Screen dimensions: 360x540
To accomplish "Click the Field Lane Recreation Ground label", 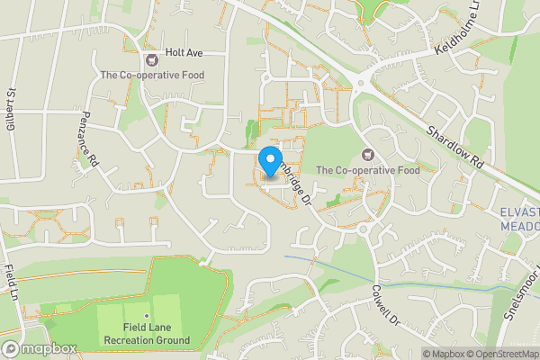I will (x=147, y=334).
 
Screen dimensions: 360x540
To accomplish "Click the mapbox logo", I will (x=39, y=347).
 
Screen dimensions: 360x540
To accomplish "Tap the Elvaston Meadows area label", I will (x=519, y=220).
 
